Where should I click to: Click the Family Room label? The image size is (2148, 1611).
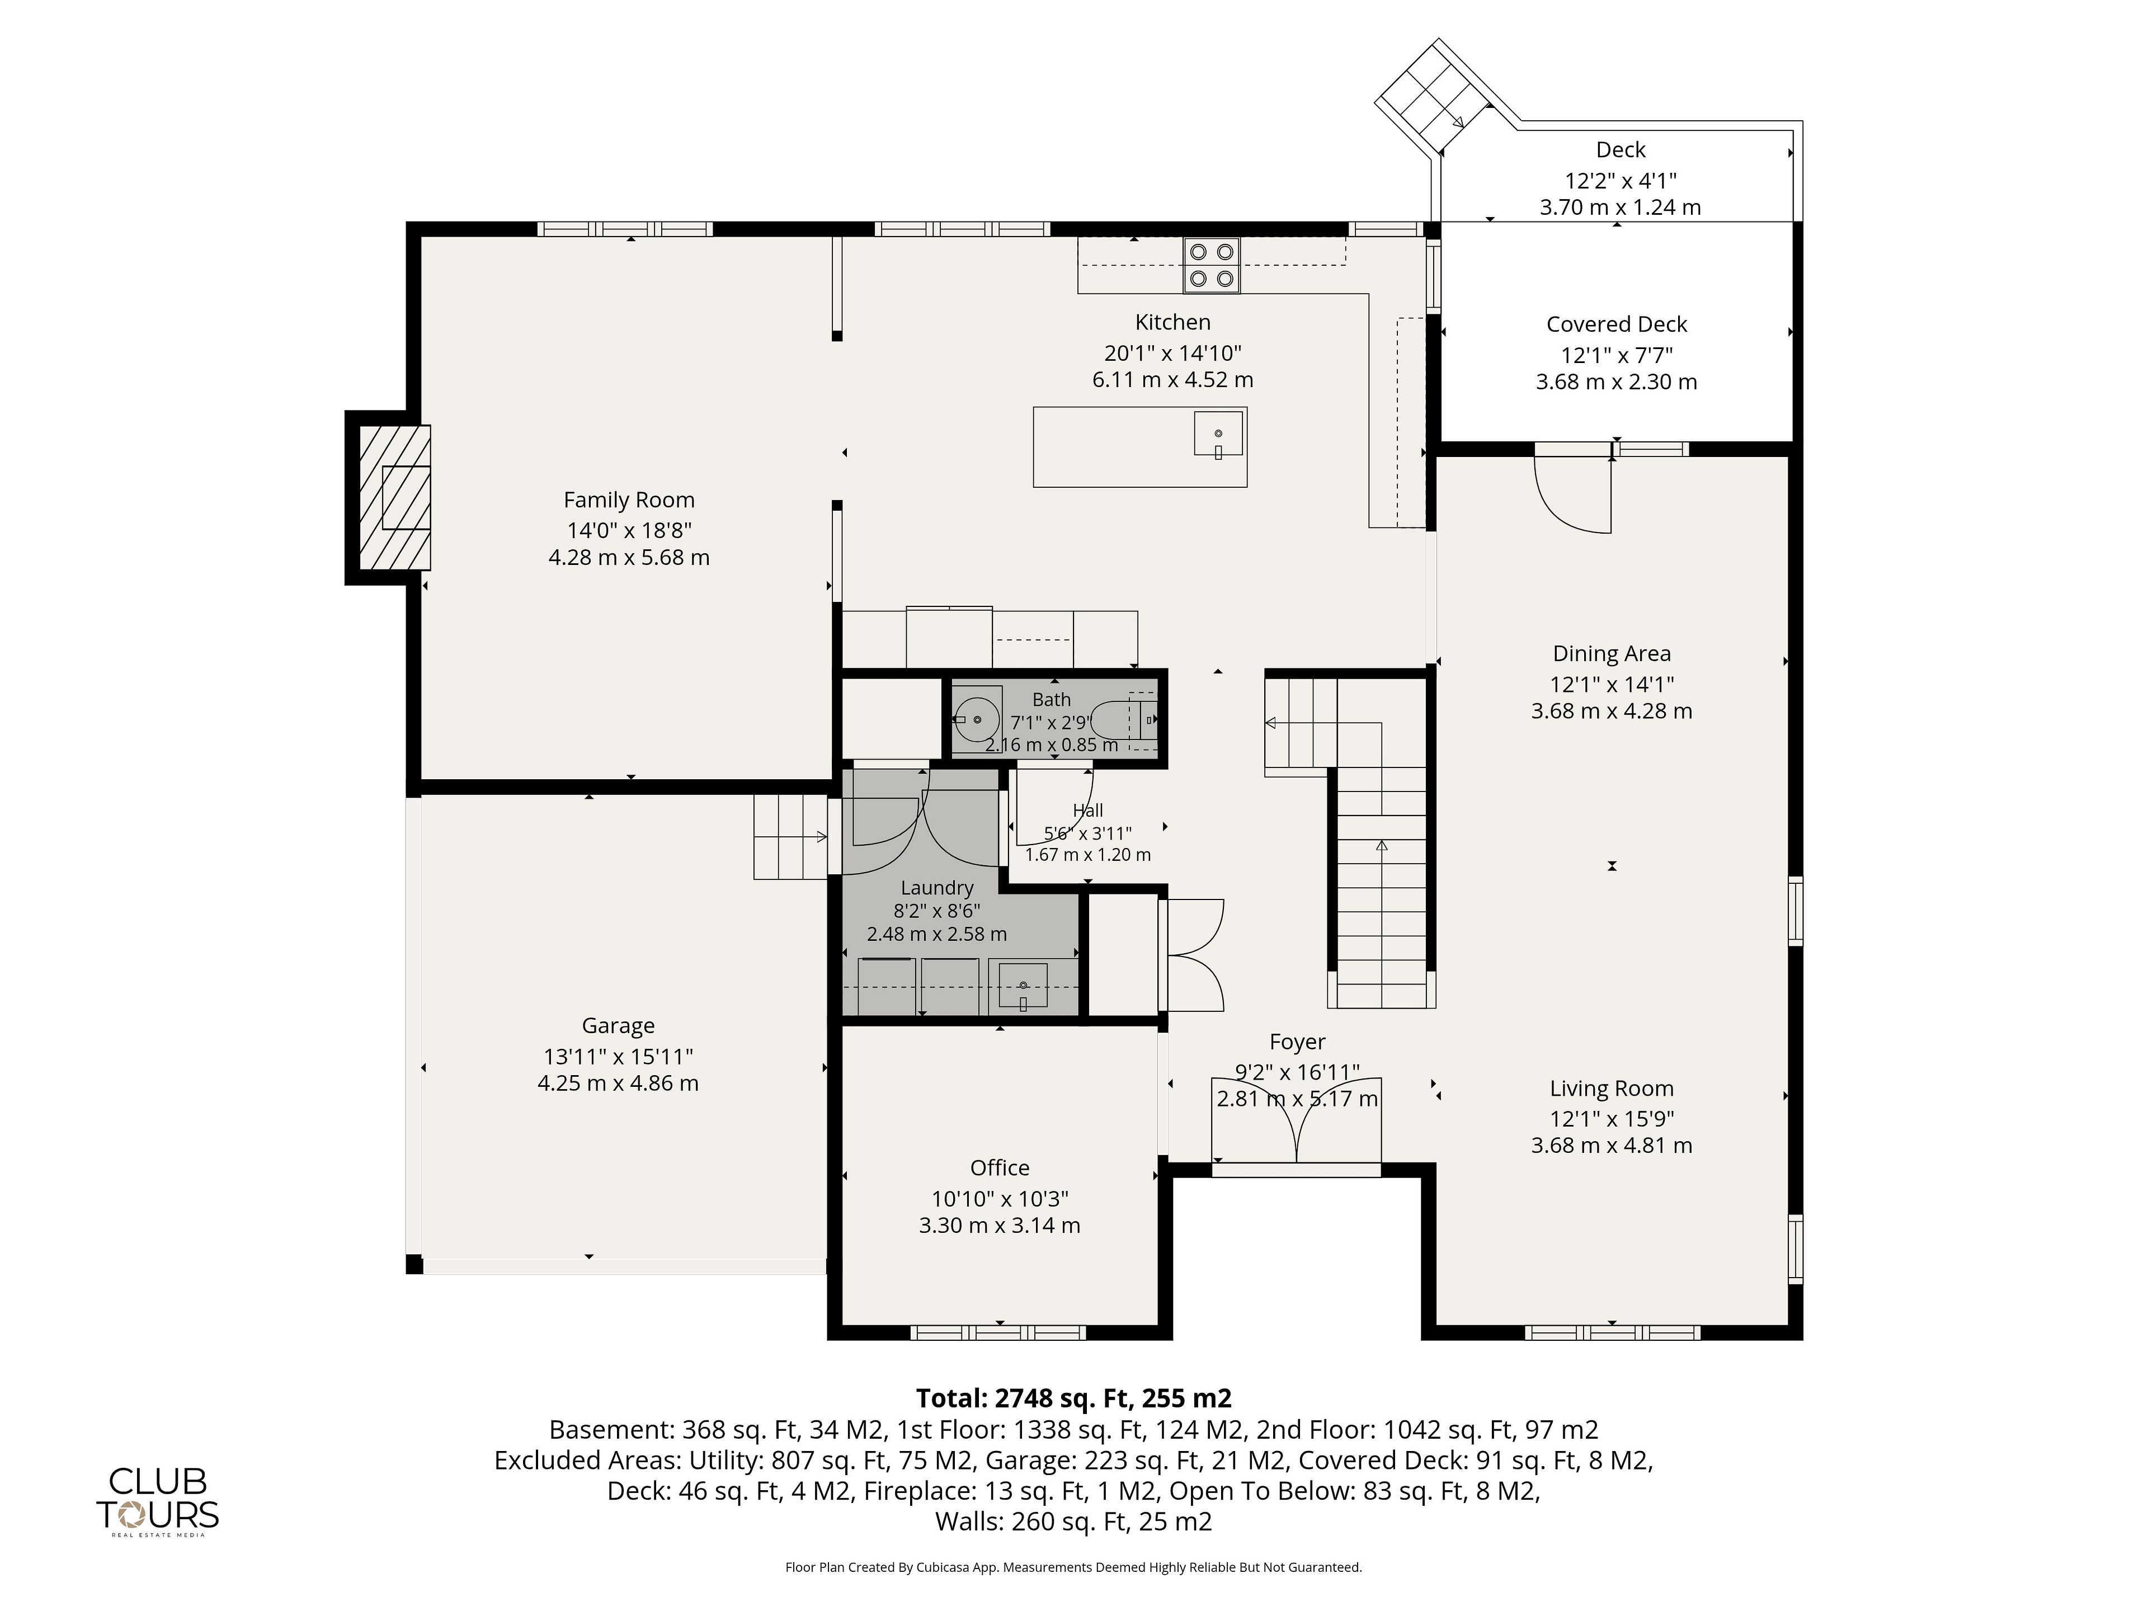coord(629,500)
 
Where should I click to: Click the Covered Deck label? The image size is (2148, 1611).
coord(1617,324)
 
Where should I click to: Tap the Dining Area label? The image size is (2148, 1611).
coord(1612,653)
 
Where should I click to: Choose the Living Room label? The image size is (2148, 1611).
coord(1612,1089)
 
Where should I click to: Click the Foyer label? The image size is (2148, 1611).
coord(1297,1042)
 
